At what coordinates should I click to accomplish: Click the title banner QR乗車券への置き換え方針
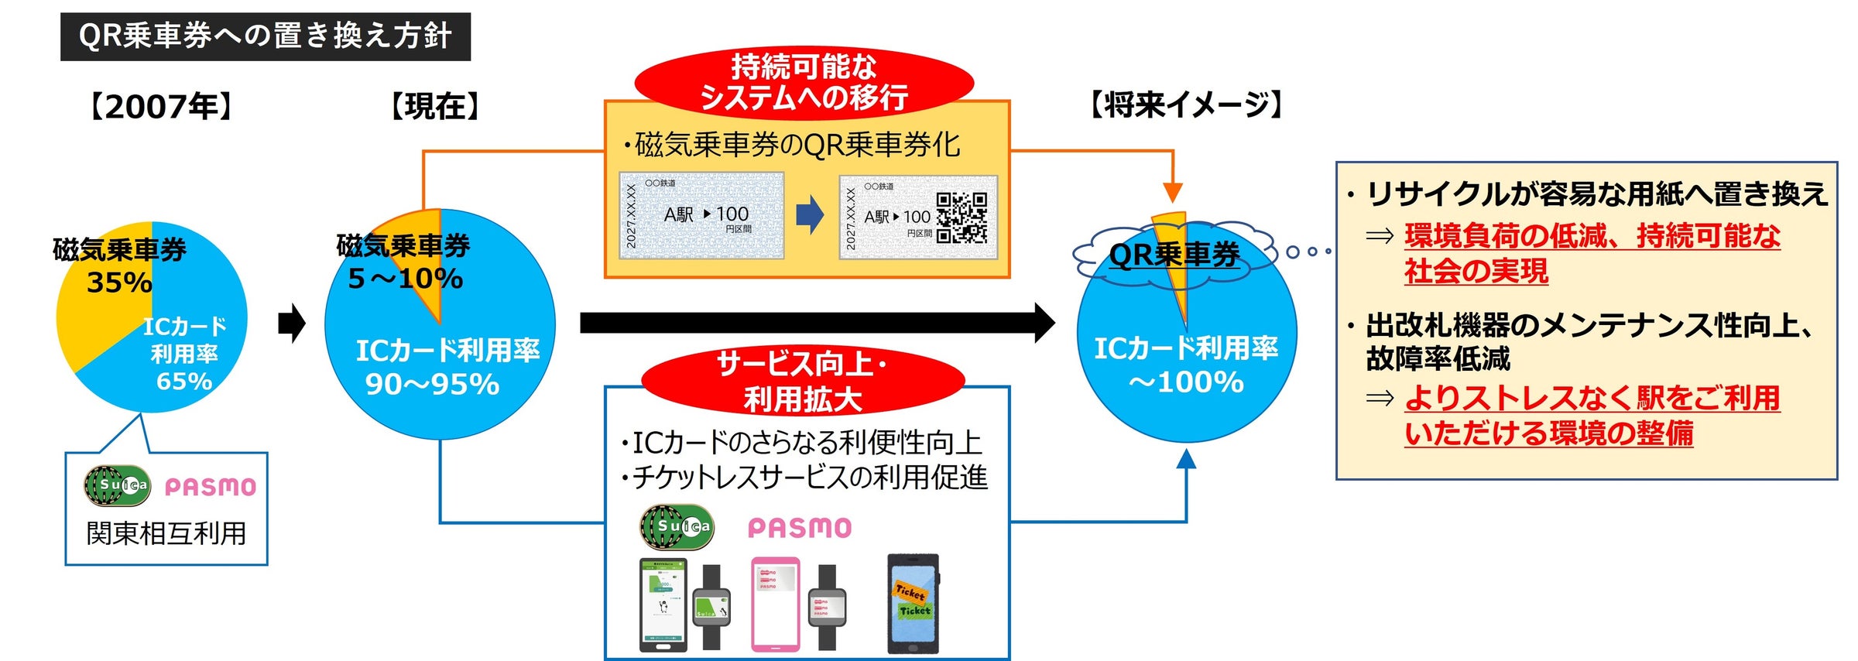[265, 36]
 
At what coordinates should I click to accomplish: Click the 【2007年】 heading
[161, 107]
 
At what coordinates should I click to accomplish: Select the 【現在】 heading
[435, 106]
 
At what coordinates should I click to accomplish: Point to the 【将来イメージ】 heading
[1186, 104]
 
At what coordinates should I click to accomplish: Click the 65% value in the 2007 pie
[184, 382]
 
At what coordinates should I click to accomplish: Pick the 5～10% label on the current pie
[405, 279]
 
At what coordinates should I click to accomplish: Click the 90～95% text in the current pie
[432, 385]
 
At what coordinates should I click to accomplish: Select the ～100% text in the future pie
[1186, 382]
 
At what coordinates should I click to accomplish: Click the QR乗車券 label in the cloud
[1174, 255]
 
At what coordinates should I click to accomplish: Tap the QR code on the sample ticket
[962, 217]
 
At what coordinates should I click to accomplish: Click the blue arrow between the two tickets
[810, 214]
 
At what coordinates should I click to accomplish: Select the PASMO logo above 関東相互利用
[210, 487]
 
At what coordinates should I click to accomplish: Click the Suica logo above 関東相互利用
[117, 485]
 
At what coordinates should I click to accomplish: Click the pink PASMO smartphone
[775, 604]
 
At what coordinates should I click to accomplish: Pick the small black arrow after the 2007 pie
[291, 324]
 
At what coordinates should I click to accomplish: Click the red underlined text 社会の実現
[1476, 272]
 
